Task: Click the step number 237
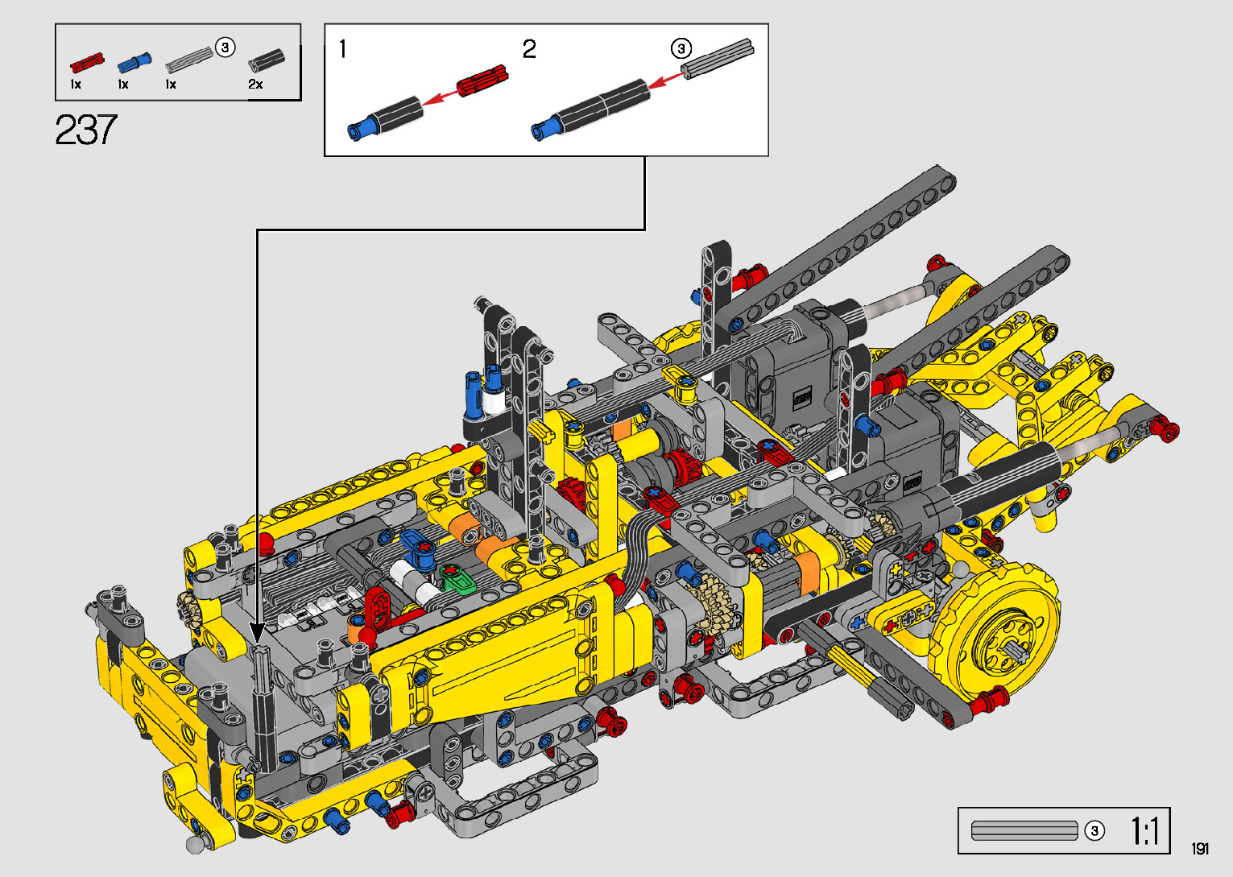pos(86,130)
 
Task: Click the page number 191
pos(1200,848)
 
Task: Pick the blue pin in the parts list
pos(134,63)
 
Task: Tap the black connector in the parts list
pos(267,60)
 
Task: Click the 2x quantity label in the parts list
pos(255,85)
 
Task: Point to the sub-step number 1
pos(343,49)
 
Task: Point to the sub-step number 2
pos(529,49)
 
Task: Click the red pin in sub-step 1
pos(482,81)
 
